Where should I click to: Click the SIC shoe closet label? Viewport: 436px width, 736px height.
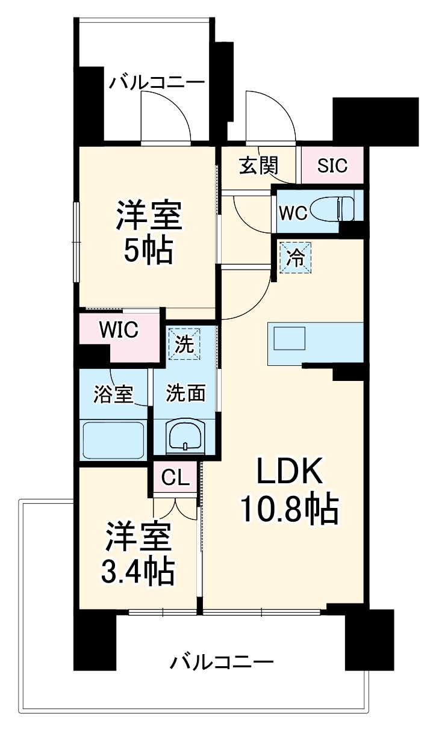click(332, 165)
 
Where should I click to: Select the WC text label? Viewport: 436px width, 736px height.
click(293, 212)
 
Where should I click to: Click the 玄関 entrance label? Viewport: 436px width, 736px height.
click(259, 165)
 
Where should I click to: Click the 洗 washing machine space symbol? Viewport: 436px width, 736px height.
click(184, 344)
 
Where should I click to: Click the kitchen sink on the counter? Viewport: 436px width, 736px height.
click(290, 339)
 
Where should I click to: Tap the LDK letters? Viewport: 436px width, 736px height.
click(291, 473)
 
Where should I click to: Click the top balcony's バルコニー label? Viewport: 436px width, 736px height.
click(157, 82)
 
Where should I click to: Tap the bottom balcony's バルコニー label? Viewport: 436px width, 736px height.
click(221, 663)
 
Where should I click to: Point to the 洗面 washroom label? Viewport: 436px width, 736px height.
click(186, 394)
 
